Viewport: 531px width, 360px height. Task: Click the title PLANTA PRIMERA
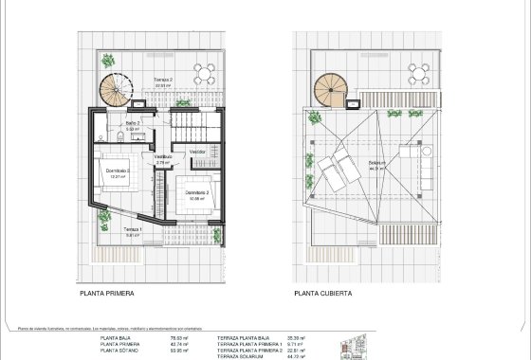click(107, 294)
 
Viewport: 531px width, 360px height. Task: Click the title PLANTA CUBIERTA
click(322, 294)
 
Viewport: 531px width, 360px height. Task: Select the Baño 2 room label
click(133, 124)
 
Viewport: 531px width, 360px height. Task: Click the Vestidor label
click(197, 152)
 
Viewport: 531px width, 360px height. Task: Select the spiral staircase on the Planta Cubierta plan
click(333, 91)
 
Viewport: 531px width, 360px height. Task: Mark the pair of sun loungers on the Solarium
click(337, 172)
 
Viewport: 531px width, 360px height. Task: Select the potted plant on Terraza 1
click(105, 219)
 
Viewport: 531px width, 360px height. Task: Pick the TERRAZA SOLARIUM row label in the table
click(242, 356)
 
